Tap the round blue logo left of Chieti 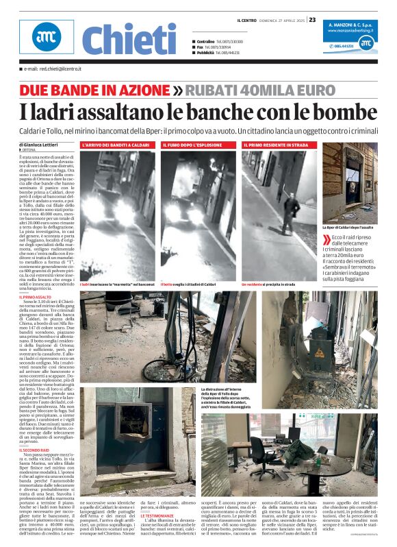coord(45,39)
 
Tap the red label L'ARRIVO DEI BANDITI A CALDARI coord(118,146)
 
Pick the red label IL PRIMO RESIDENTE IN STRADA coord(275,146)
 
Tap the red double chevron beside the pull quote coord(326,239)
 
